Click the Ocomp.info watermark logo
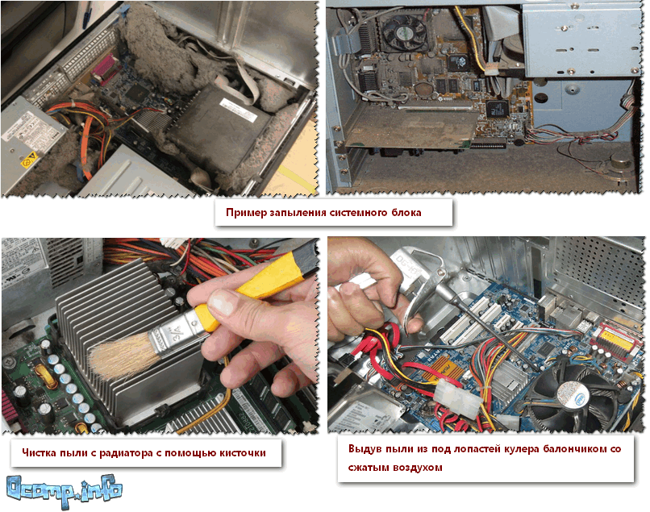coord(65,492)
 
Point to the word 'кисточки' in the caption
coord(243,452)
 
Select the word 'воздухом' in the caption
coord(418,468)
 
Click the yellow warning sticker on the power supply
coord(29,160)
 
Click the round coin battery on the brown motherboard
coord(423,89)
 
